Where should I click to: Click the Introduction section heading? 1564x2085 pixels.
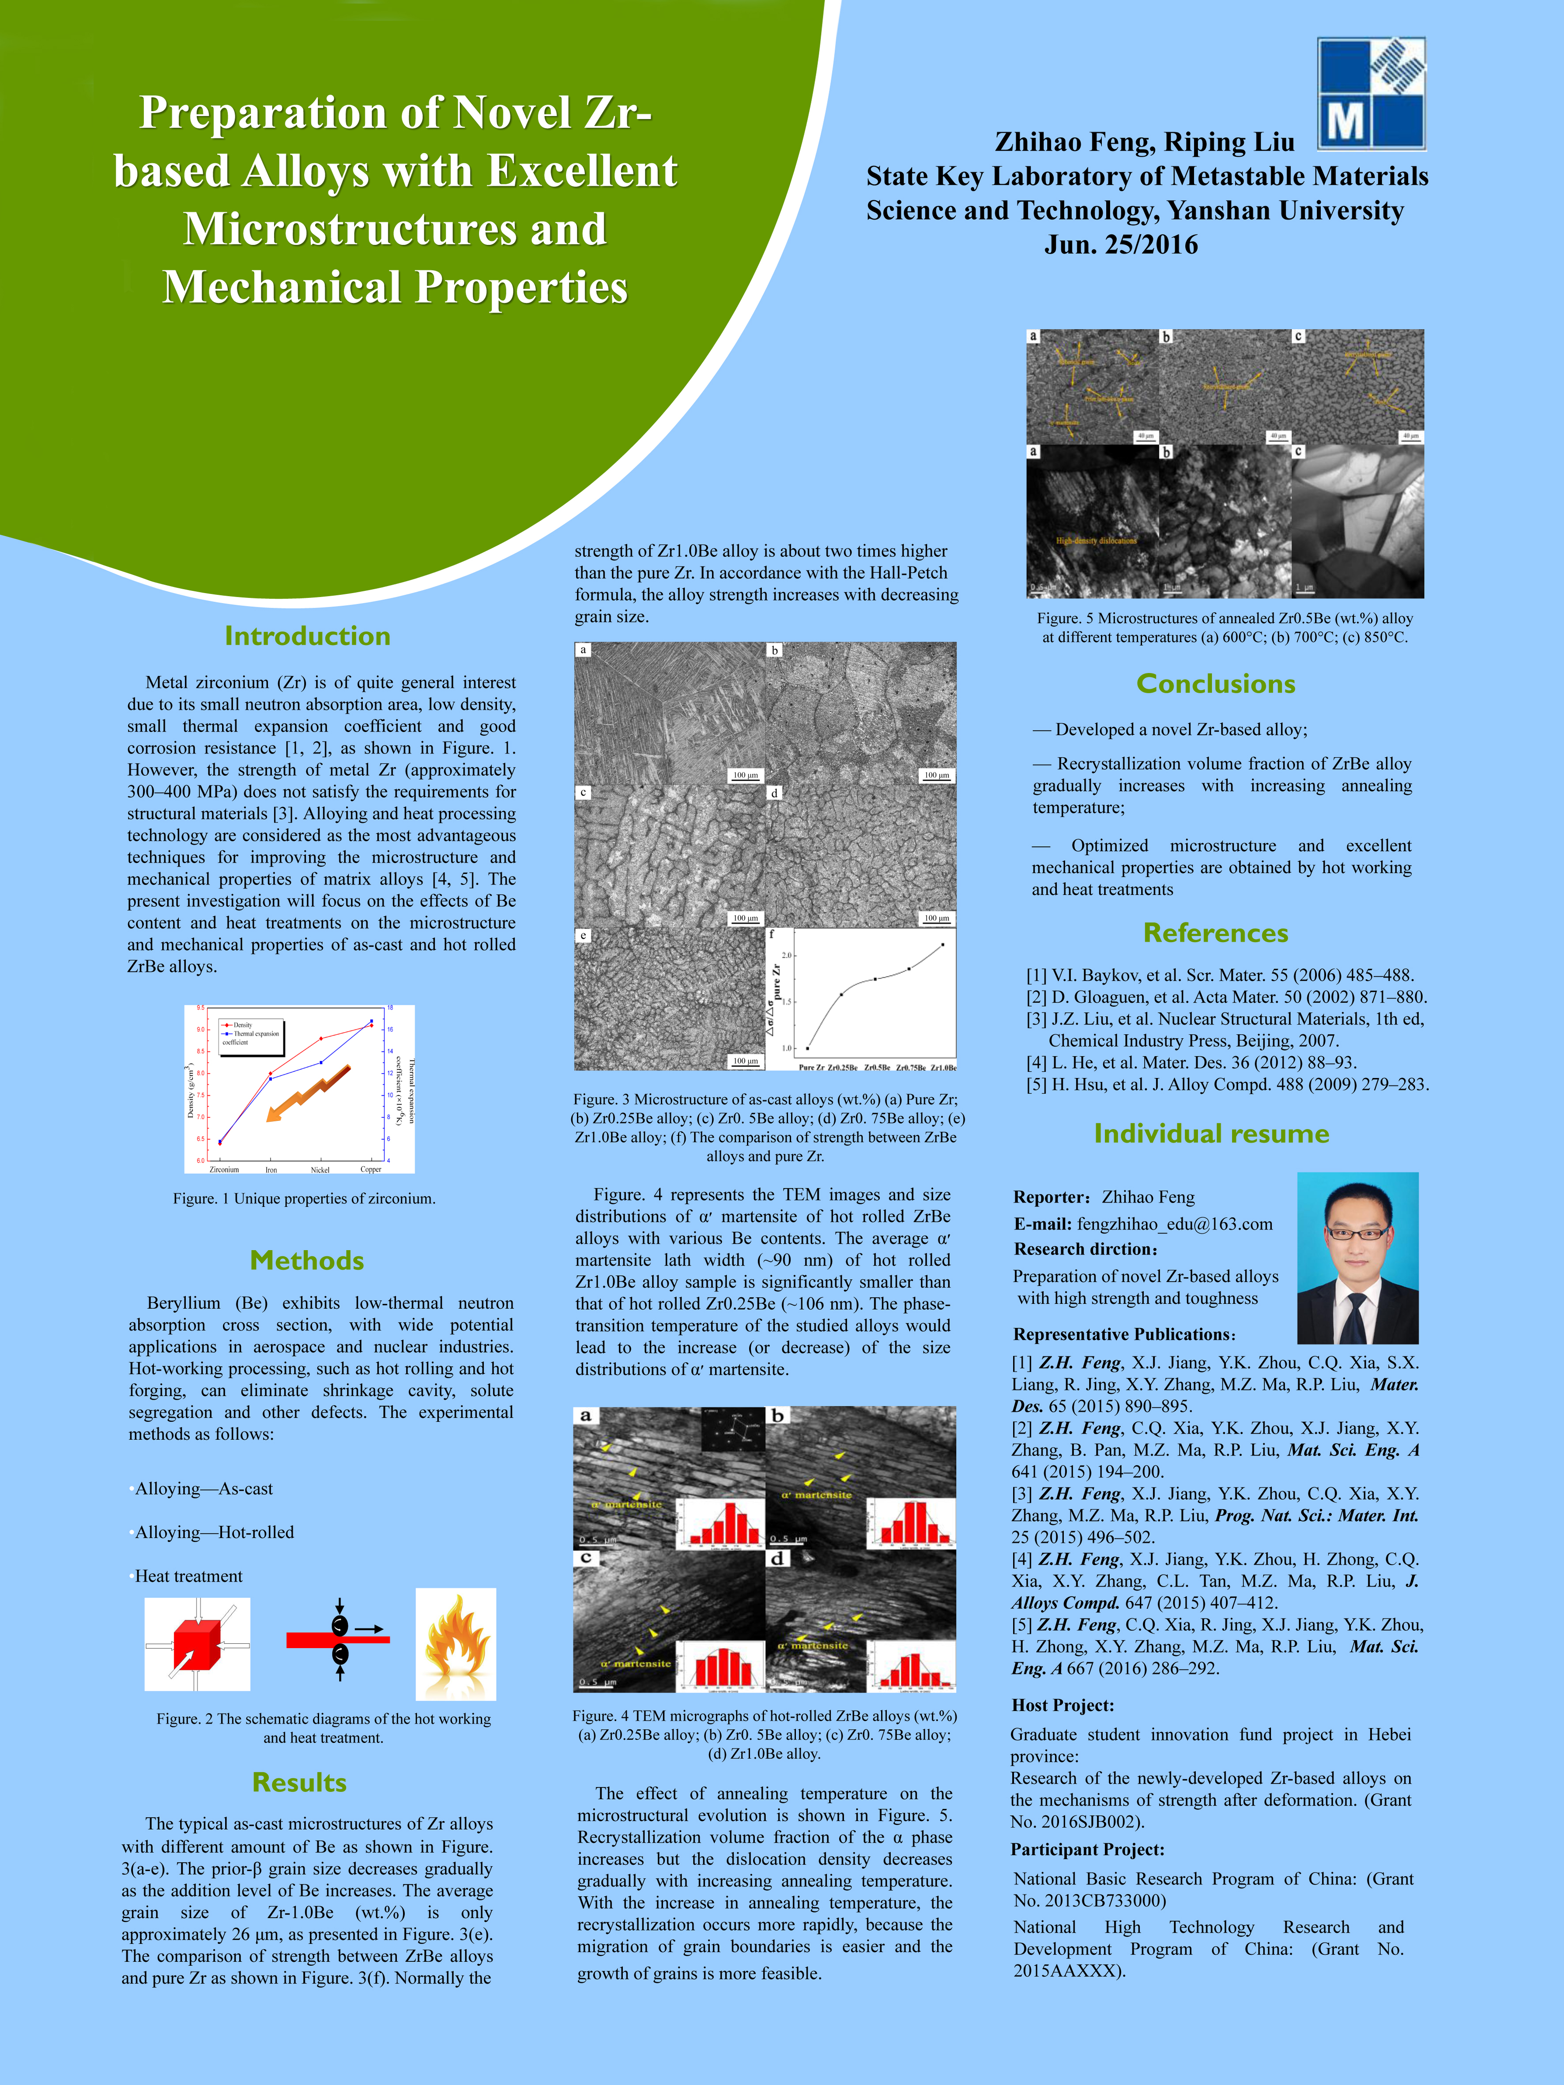(x=307, y=636)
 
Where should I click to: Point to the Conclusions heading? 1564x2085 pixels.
(x=1215, y=684)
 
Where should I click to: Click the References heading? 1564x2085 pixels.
(x=1215, y=933)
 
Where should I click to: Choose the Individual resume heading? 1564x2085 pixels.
(x=1211, y=1134)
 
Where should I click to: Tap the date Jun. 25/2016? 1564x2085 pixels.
(x=1121, y=245)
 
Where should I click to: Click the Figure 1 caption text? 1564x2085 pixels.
(x=304, y=1199)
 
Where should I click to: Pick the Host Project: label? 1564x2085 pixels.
(x=1063, y=1705)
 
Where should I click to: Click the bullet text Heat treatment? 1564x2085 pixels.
(x=188, y=1576)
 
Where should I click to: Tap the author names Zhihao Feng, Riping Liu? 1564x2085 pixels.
(x=1145, y=143)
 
